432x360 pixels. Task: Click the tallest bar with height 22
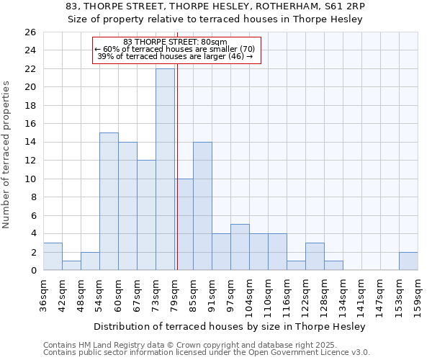coord(165,169)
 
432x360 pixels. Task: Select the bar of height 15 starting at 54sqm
coord(109,202)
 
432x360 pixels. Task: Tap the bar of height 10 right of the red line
coord(184,224)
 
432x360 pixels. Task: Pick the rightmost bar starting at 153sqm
coord(408,261)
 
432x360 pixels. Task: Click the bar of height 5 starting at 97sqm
coord(240,247)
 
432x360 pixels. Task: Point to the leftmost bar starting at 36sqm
coord(53,256)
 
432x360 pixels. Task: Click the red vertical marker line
coord(176,180)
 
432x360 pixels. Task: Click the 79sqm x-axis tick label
coord(174,293)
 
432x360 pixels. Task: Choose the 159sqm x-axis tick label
coord(418,293)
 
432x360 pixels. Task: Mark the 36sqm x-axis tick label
coord(43,293)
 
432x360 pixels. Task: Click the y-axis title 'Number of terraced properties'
coord(6,155)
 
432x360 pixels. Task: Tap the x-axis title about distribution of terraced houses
coord(230,326)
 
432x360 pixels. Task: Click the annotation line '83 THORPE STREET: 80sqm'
coord(175,42)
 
